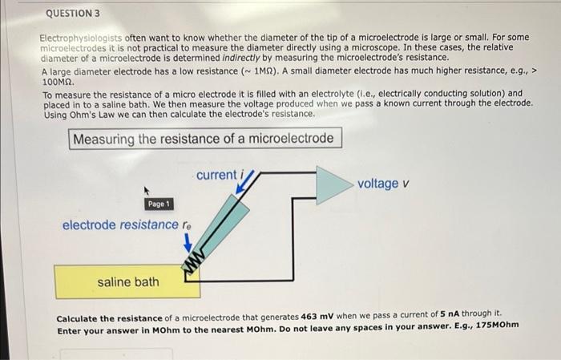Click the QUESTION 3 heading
click(74, 14)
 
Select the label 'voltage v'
click(383, 184)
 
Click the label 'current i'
click(219, 175)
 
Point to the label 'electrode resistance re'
click(127, 224)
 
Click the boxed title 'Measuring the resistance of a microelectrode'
click(203, 139)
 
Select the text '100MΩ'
click(59, 82)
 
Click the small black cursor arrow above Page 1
click(147, 191)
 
